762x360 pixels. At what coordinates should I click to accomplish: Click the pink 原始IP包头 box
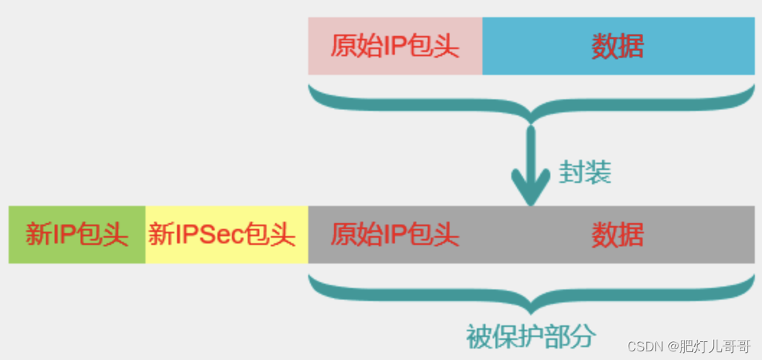(395, 47)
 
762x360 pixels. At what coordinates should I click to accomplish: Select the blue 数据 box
(617, 47)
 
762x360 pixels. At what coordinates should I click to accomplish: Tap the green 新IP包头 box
(77, 235)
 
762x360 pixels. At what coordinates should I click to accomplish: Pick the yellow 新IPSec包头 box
(226, 235)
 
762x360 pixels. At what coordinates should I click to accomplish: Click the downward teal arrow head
(531, 189)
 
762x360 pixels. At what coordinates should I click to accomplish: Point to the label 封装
(585, 172)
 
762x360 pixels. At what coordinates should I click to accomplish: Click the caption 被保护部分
(531, 336)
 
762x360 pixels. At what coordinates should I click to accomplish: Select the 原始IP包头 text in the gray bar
(395, 235)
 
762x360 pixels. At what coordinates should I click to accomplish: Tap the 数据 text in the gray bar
(617, 235)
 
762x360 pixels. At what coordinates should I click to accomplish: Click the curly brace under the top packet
(531, 104)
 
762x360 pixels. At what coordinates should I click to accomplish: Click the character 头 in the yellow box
(284, 235)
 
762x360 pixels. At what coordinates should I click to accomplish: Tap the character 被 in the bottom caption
(478, 336)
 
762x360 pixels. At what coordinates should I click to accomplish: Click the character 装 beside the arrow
(598, 172)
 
